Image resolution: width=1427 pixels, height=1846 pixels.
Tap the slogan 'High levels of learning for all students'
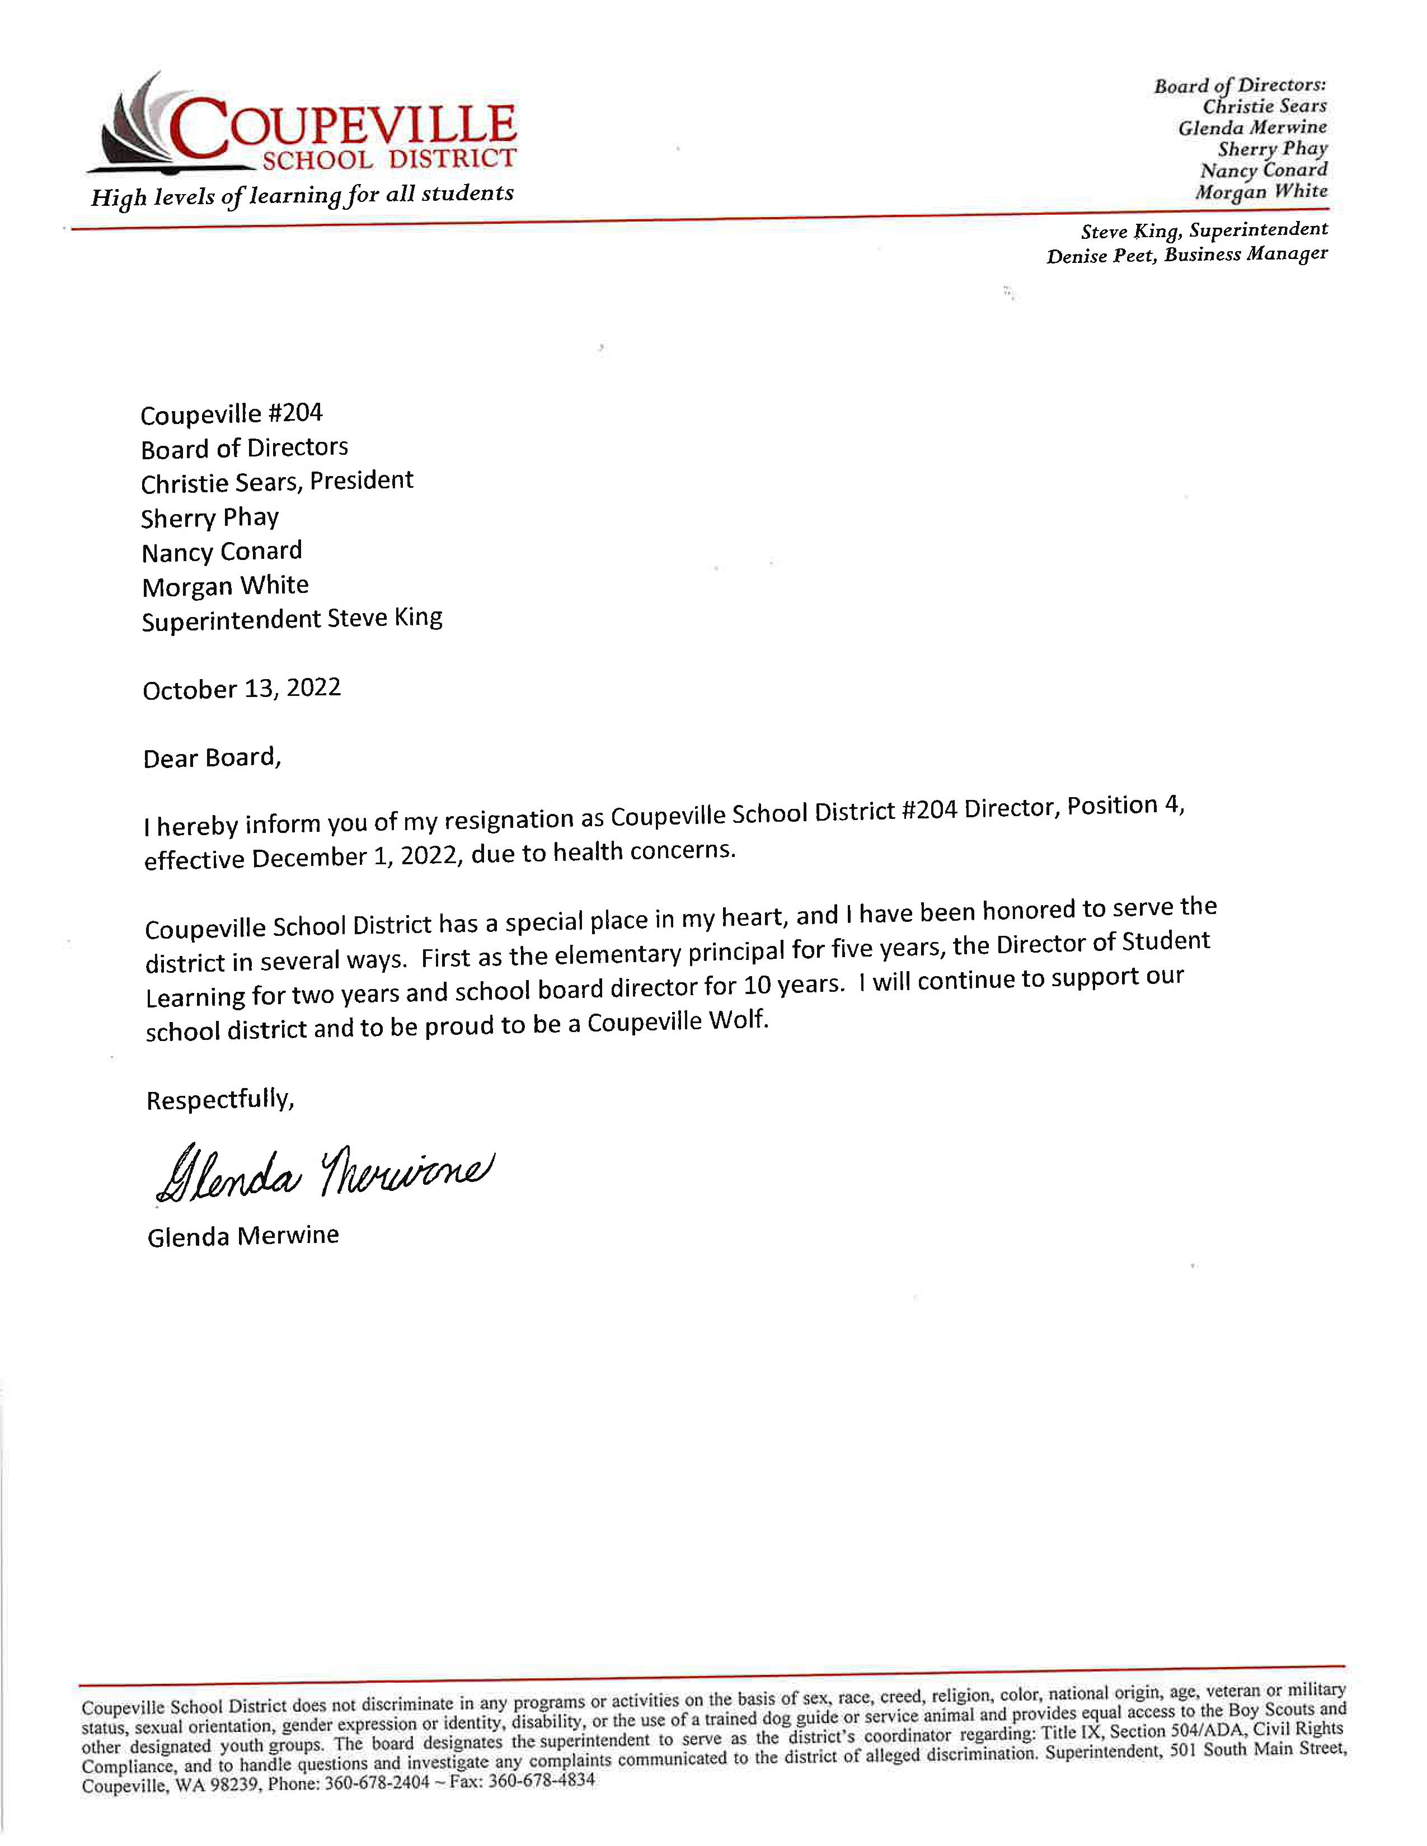tap(302, 196)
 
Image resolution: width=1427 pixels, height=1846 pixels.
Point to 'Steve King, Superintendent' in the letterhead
tap(1204, 230)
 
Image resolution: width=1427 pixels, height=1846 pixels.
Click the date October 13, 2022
tap(242, 689)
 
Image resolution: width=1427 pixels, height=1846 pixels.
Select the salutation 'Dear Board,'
tap(212, 757)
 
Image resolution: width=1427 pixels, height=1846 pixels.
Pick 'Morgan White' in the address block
tap(225, 586)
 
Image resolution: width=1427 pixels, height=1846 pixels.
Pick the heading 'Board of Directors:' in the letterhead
tap(1240, 86)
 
